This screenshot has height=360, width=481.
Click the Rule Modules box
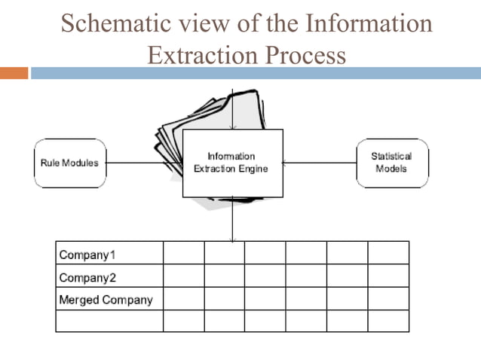click(69, 163)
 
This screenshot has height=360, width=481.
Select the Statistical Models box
click(391, 163)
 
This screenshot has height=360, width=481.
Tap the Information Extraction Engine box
click(232, 163)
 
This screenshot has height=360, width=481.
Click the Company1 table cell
click(109, 253)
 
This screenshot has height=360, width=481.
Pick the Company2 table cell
click(109, 276)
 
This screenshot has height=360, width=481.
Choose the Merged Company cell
click(109, 299)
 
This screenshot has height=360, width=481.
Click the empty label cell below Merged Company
click(109, 321)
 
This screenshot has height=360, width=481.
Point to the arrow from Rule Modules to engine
click(143, 163)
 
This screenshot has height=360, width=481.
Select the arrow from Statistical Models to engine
click(320, 163)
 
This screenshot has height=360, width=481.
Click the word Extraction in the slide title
click(199, 55)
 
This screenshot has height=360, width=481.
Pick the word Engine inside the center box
click(252, 169)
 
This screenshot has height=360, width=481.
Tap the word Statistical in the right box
click(391, 157)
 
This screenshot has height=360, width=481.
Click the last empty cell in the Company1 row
click(388, 253)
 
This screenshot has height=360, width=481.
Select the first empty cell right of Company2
click(183, 276)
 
